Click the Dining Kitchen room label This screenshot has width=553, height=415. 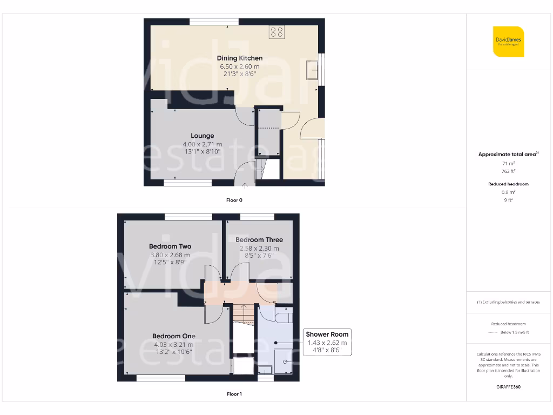240,58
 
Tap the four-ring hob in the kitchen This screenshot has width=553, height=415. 276,32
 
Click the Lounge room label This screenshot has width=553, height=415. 202,136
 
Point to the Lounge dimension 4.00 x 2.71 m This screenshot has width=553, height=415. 202,144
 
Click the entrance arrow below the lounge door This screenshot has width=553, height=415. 245,185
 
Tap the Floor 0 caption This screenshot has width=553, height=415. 234,200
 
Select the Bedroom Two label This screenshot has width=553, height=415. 170,246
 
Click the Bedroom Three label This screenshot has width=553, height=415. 259,240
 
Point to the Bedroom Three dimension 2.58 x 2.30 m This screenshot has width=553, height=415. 259,249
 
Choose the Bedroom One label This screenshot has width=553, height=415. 173,336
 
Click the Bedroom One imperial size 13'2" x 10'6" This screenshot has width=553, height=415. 173,352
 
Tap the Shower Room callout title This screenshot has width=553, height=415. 327,334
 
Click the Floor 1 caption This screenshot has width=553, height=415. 234,394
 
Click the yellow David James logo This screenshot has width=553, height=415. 508,41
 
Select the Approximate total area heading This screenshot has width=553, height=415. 508,155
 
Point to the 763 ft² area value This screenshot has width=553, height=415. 508,171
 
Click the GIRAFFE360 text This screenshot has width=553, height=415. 508,387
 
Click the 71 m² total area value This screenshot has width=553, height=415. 508,163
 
